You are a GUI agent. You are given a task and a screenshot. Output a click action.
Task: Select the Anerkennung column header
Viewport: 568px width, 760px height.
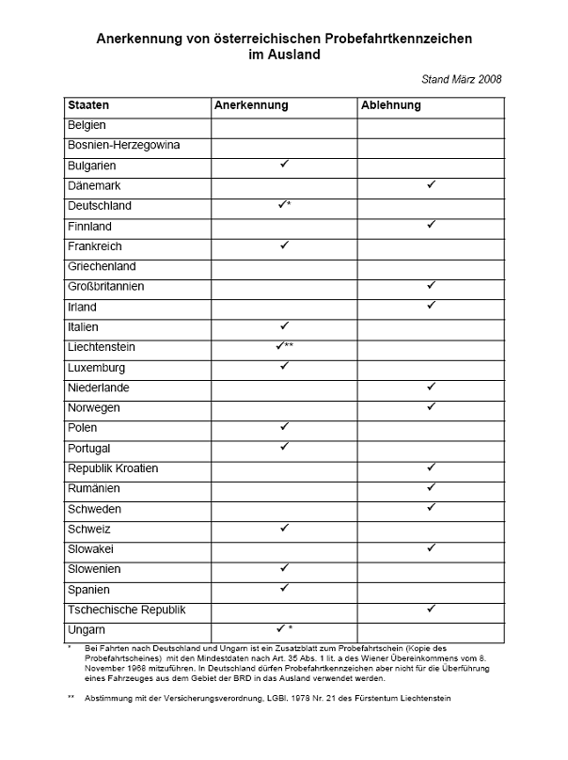click(251, 105)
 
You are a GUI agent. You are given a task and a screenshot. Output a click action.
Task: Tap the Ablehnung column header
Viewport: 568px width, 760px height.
click(390, 105)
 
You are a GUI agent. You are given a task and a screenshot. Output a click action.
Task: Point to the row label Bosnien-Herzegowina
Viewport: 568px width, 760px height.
click(123, 145)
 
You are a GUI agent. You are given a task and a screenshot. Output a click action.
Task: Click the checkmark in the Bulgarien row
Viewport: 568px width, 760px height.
click(283, 165)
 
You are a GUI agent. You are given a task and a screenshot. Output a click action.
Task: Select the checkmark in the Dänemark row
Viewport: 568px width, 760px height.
click(431, 185)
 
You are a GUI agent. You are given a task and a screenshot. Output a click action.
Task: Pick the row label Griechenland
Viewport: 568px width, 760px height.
click(102, 266)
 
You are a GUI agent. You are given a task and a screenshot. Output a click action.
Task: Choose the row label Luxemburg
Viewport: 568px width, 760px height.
click(96, 368)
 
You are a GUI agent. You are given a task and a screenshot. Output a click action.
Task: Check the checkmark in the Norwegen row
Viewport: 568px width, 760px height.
click(431, 407)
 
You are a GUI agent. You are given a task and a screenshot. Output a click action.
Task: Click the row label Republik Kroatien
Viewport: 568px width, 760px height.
click(113, 468)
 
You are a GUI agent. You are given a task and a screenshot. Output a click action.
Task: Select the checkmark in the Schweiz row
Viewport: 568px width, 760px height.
click(283, 529)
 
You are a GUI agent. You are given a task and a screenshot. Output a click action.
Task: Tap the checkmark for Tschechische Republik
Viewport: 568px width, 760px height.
click(431, 610)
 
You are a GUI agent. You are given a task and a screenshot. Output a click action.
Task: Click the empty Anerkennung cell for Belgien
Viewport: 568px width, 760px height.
click(283, 125)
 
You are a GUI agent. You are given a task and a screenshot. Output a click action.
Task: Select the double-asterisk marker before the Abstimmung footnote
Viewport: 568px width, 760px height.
click(71, 697)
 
